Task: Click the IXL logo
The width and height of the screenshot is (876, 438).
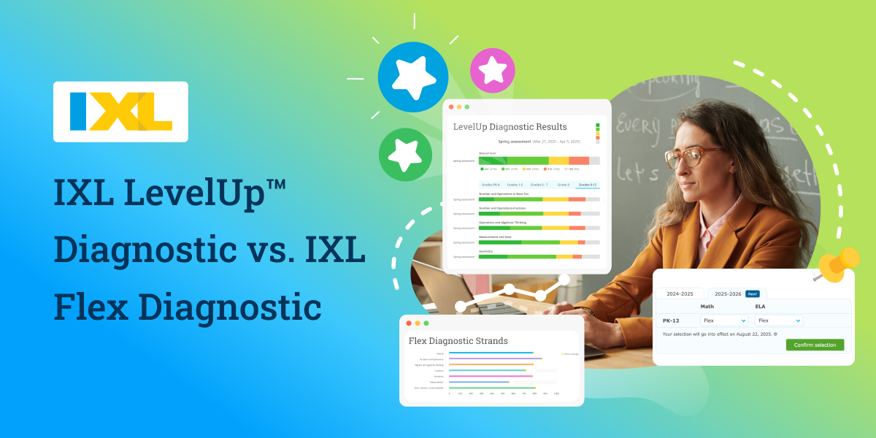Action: coord(120,112)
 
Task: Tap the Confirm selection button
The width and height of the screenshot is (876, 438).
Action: coord(815,345)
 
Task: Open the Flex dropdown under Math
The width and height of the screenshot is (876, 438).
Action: coord(723,320)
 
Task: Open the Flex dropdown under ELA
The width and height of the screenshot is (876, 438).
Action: coord(779,320)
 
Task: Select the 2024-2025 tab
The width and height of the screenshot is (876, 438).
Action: coord(680,293)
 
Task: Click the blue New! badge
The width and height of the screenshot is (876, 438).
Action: coord(752,293)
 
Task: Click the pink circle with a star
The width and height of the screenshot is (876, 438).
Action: coord(492,70)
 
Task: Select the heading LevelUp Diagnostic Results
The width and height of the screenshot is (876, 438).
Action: coord(510,127)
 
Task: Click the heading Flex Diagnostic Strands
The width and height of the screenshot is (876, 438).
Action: coord(458,341)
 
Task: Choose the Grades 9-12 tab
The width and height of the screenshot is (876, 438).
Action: coord(587,185)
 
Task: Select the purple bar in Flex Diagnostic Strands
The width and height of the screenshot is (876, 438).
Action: coord(495,358)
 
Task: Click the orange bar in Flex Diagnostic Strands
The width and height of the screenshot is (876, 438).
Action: coord(491,364)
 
